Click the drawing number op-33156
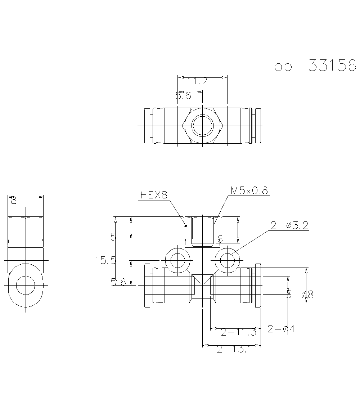click(x=315, y=66)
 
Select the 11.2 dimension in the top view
click(x=198, y=81)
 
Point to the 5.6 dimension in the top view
click(x=183, y=96)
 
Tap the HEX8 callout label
click(x=154, y=195)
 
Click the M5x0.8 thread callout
click(x=249, y=191)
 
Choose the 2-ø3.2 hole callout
click(x=289, y=225)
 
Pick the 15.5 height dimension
click(x=105, y=260)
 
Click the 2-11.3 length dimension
click(x=238, y=332)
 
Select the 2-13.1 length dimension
click(x=234, y=349)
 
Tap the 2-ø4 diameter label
click(x=281, y=329)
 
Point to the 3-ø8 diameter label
click(x=300, y=295)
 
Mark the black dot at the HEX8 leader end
click(x=186, y=226)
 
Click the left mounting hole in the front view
click(x=177, y=260)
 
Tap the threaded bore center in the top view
click(x=202, y=126)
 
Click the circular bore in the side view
click(x=26, y=285)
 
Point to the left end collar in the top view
click(x=148, y=126)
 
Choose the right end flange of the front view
click(x=257, y=286)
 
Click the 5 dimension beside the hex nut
click(x=114, y=237)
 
